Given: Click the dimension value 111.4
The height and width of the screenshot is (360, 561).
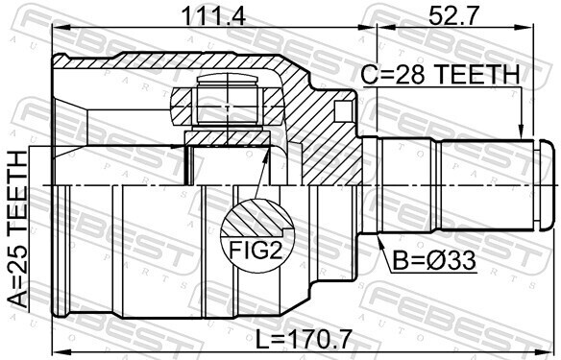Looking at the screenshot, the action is click(213, 15).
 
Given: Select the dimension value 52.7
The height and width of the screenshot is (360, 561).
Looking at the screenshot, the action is click(453, 15).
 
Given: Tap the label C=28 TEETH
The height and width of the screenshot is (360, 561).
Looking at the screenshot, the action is click(440, 74).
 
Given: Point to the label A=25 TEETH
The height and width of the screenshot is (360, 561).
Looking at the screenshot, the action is click(18, 229).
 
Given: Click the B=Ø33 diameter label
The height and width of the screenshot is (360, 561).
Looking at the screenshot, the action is click(434, 260).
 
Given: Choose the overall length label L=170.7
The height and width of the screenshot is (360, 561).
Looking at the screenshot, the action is click(304, 339).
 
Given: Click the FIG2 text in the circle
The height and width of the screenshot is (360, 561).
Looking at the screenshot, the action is click(256, 250).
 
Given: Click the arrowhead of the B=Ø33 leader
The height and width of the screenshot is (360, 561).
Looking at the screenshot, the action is click(380, 241).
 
